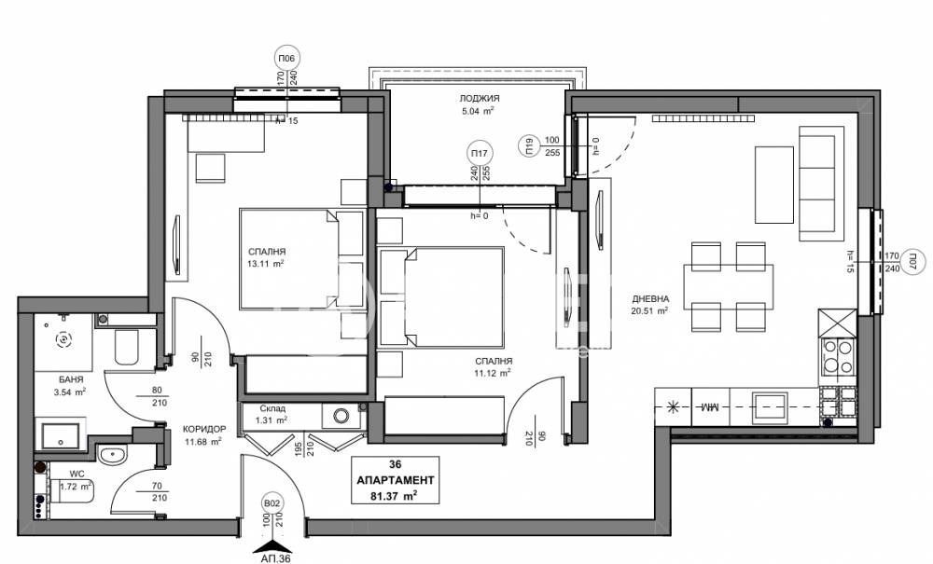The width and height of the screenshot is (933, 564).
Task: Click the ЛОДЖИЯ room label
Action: tap(480, 98)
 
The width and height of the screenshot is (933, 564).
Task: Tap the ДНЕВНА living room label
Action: tap(647, 299)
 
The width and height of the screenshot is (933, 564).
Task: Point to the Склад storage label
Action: tap(262, 408)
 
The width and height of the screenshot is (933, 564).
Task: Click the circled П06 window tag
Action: tap(286, 59)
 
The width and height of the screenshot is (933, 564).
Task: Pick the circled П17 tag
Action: tap(480, 153)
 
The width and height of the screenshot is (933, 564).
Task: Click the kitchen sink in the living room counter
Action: tap(771, 405)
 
